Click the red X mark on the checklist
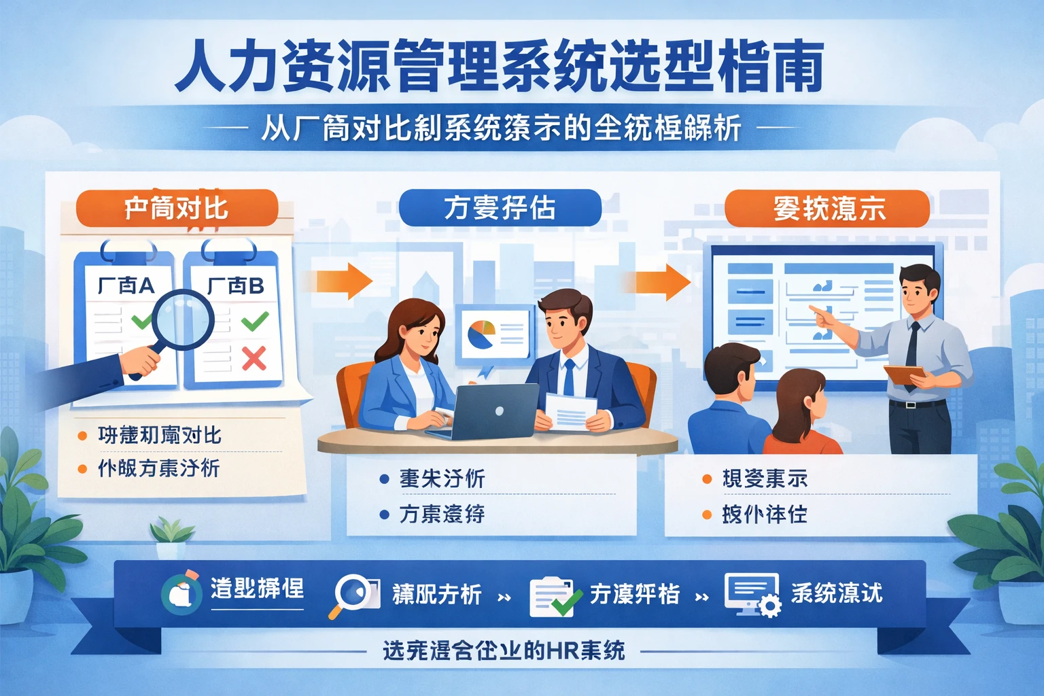(254, 358)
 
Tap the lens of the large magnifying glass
(183, 320)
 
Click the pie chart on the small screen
(481, 334)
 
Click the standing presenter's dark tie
(912, 347)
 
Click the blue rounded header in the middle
(500, 208)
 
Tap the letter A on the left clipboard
(145, 286)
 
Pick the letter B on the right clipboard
(256, 286)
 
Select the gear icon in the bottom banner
(770, 605)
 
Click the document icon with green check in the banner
(554, 597)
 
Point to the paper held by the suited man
(570, 411)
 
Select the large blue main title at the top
(500, 66)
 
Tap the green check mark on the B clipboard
(255, 320)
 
